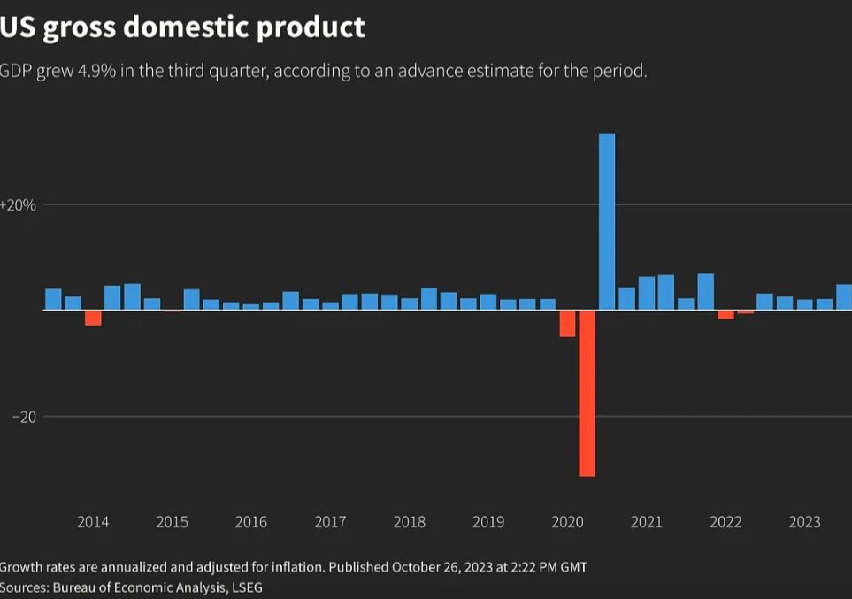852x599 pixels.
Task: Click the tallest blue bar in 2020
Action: click(607, 221)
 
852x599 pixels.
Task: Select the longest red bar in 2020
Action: click(587, 393)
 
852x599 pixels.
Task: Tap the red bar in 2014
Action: click(93, 318)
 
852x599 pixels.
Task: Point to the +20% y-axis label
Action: click(18, 205)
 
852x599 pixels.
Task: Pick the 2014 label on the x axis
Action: click(93, 522)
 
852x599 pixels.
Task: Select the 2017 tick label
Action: click(330, 522)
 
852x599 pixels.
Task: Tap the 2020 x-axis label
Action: click(567, 522)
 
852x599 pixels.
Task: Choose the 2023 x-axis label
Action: click(804, 522)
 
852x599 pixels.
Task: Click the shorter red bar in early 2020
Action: click(567, 324)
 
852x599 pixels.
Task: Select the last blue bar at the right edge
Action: click(844, 297)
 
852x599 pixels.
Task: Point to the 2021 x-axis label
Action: click(646, 522)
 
